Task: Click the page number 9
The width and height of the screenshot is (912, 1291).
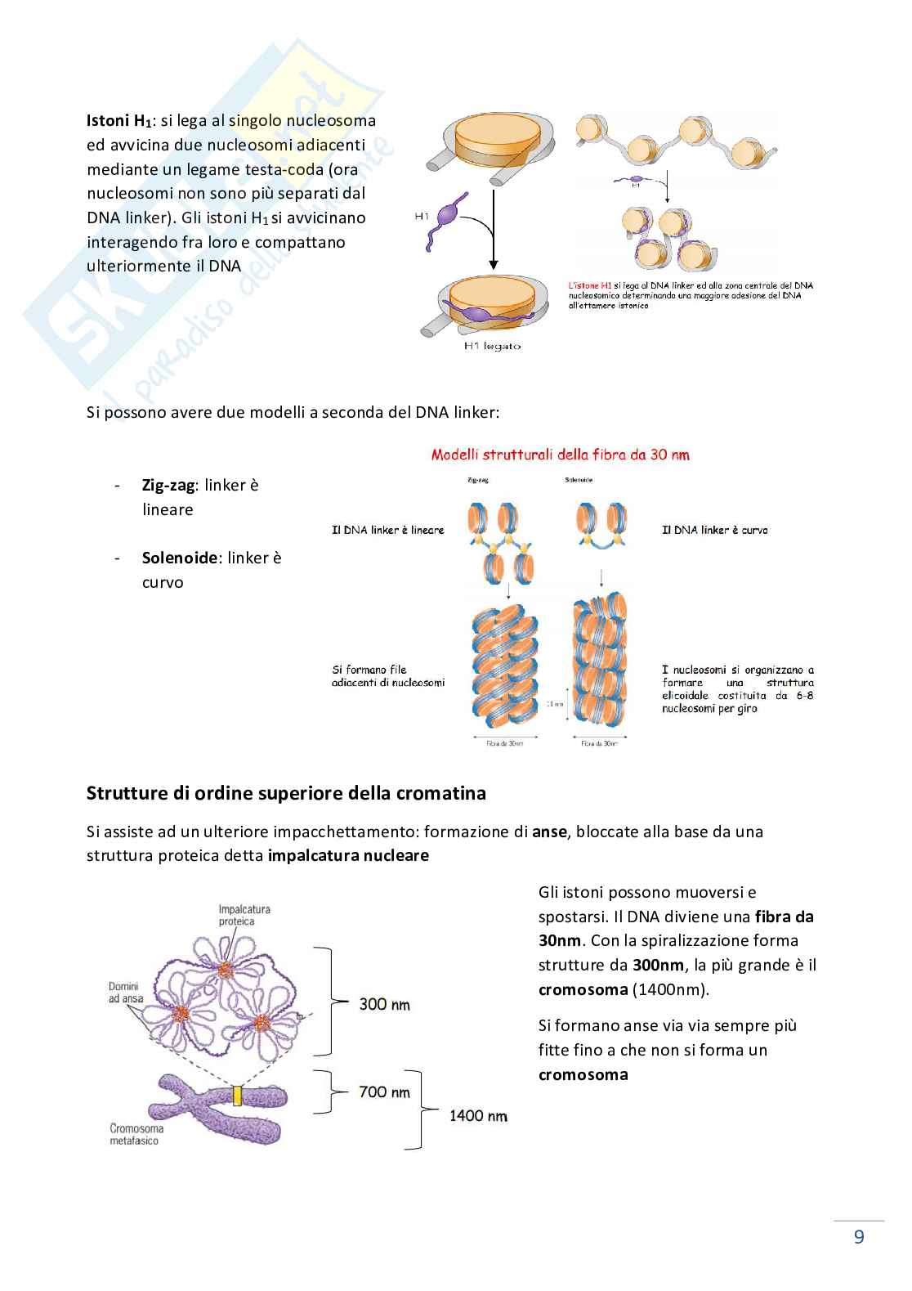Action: (x=858, y=1236)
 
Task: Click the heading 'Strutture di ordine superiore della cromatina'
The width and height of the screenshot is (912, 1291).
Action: (x=286, y=793)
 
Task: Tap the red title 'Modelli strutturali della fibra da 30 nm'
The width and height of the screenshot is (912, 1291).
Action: (x=560, y=455)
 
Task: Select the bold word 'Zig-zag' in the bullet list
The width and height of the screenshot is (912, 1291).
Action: (x=168, y=485)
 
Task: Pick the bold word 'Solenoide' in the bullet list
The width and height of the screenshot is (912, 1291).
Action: (x=180, y=558)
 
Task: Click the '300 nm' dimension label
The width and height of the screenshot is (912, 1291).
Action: (x=384, y=1004)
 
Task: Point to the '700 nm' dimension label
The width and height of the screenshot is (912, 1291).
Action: (x=384, y=1092)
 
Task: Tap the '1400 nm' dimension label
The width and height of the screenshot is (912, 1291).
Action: (x=478, y=1115)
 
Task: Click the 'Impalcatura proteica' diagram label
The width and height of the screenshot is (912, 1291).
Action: (x=244, y=915)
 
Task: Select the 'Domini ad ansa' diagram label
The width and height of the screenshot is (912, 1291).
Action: (x=126, y=993)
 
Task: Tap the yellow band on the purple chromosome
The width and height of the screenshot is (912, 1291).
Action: (x=238, y=1096)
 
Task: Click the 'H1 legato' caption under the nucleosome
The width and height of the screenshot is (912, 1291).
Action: (x=491, y=346)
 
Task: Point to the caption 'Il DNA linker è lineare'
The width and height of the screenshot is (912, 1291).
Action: (x=387, y=530)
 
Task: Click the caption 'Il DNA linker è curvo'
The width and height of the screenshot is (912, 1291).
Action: (x=714, y=530)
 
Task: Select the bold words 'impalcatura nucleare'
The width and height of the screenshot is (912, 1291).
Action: (x=348, y=856)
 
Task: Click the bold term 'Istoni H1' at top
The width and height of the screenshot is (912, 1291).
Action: (x=119, y=121)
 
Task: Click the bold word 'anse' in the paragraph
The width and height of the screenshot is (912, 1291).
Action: (x=549, y=832)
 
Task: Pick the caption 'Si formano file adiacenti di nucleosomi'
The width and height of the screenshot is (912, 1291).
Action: (x=387, y=675)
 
